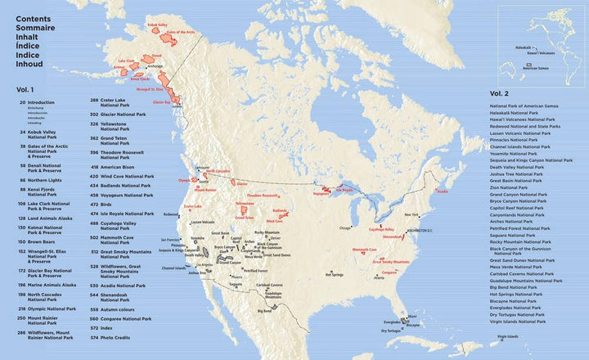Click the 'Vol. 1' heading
[25, 88]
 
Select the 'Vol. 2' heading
[500, 93]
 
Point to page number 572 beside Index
[94, 328]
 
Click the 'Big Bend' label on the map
[264, 311]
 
